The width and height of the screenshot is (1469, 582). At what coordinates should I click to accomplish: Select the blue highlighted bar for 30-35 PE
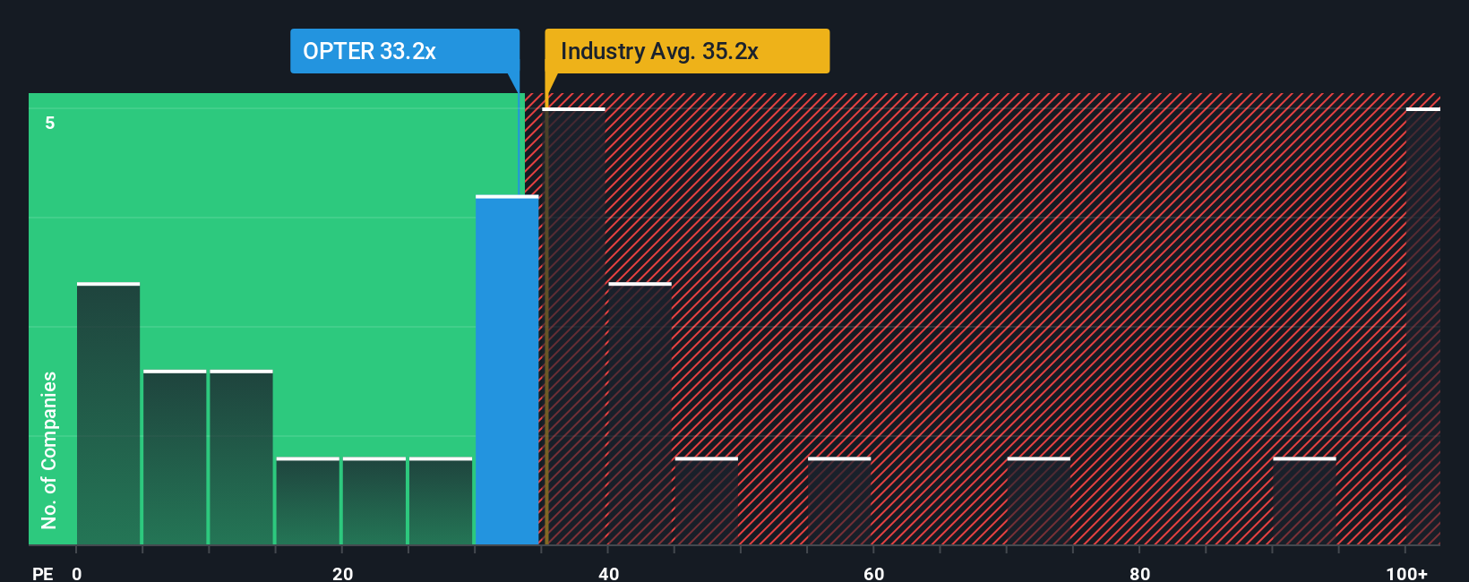pos(507,370)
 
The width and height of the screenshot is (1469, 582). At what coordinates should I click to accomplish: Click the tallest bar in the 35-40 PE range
pos(574,327)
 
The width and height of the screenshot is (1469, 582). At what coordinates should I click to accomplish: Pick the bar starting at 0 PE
pos(108,414)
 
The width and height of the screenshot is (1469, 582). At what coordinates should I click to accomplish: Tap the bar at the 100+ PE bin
pos(1422,327)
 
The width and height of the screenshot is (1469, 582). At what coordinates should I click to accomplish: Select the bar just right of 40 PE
pos(640,414)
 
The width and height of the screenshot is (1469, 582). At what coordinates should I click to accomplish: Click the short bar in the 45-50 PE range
pos(707,501)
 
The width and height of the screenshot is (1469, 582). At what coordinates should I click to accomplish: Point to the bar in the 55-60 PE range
pos(839,501)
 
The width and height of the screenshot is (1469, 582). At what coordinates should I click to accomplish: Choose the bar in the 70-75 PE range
pos(1038,501)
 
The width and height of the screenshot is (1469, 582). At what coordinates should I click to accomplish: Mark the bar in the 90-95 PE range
pos(1304,501)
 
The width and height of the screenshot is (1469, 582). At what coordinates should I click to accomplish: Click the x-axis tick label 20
pos(342,573)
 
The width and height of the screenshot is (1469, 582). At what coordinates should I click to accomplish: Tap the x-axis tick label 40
pos(608,573)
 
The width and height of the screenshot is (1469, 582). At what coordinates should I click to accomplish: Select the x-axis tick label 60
pos(874,573)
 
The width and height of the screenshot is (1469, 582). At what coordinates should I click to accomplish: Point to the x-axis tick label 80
pos(1139,573)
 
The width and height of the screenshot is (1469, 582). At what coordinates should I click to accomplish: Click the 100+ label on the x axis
pos(1406,573)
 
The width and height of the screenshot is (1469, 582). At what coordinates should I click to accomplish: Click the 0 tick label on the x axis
pos(77,573)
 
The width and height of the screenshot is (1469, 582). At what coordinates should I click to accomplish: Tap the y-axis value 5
pos(50,123)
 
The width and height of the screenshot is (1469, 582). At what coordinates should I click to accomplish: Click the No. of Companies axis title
pos(49,449)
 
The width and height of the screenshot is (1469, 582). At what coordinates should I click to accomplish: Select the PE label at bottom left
pos(42,573)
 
